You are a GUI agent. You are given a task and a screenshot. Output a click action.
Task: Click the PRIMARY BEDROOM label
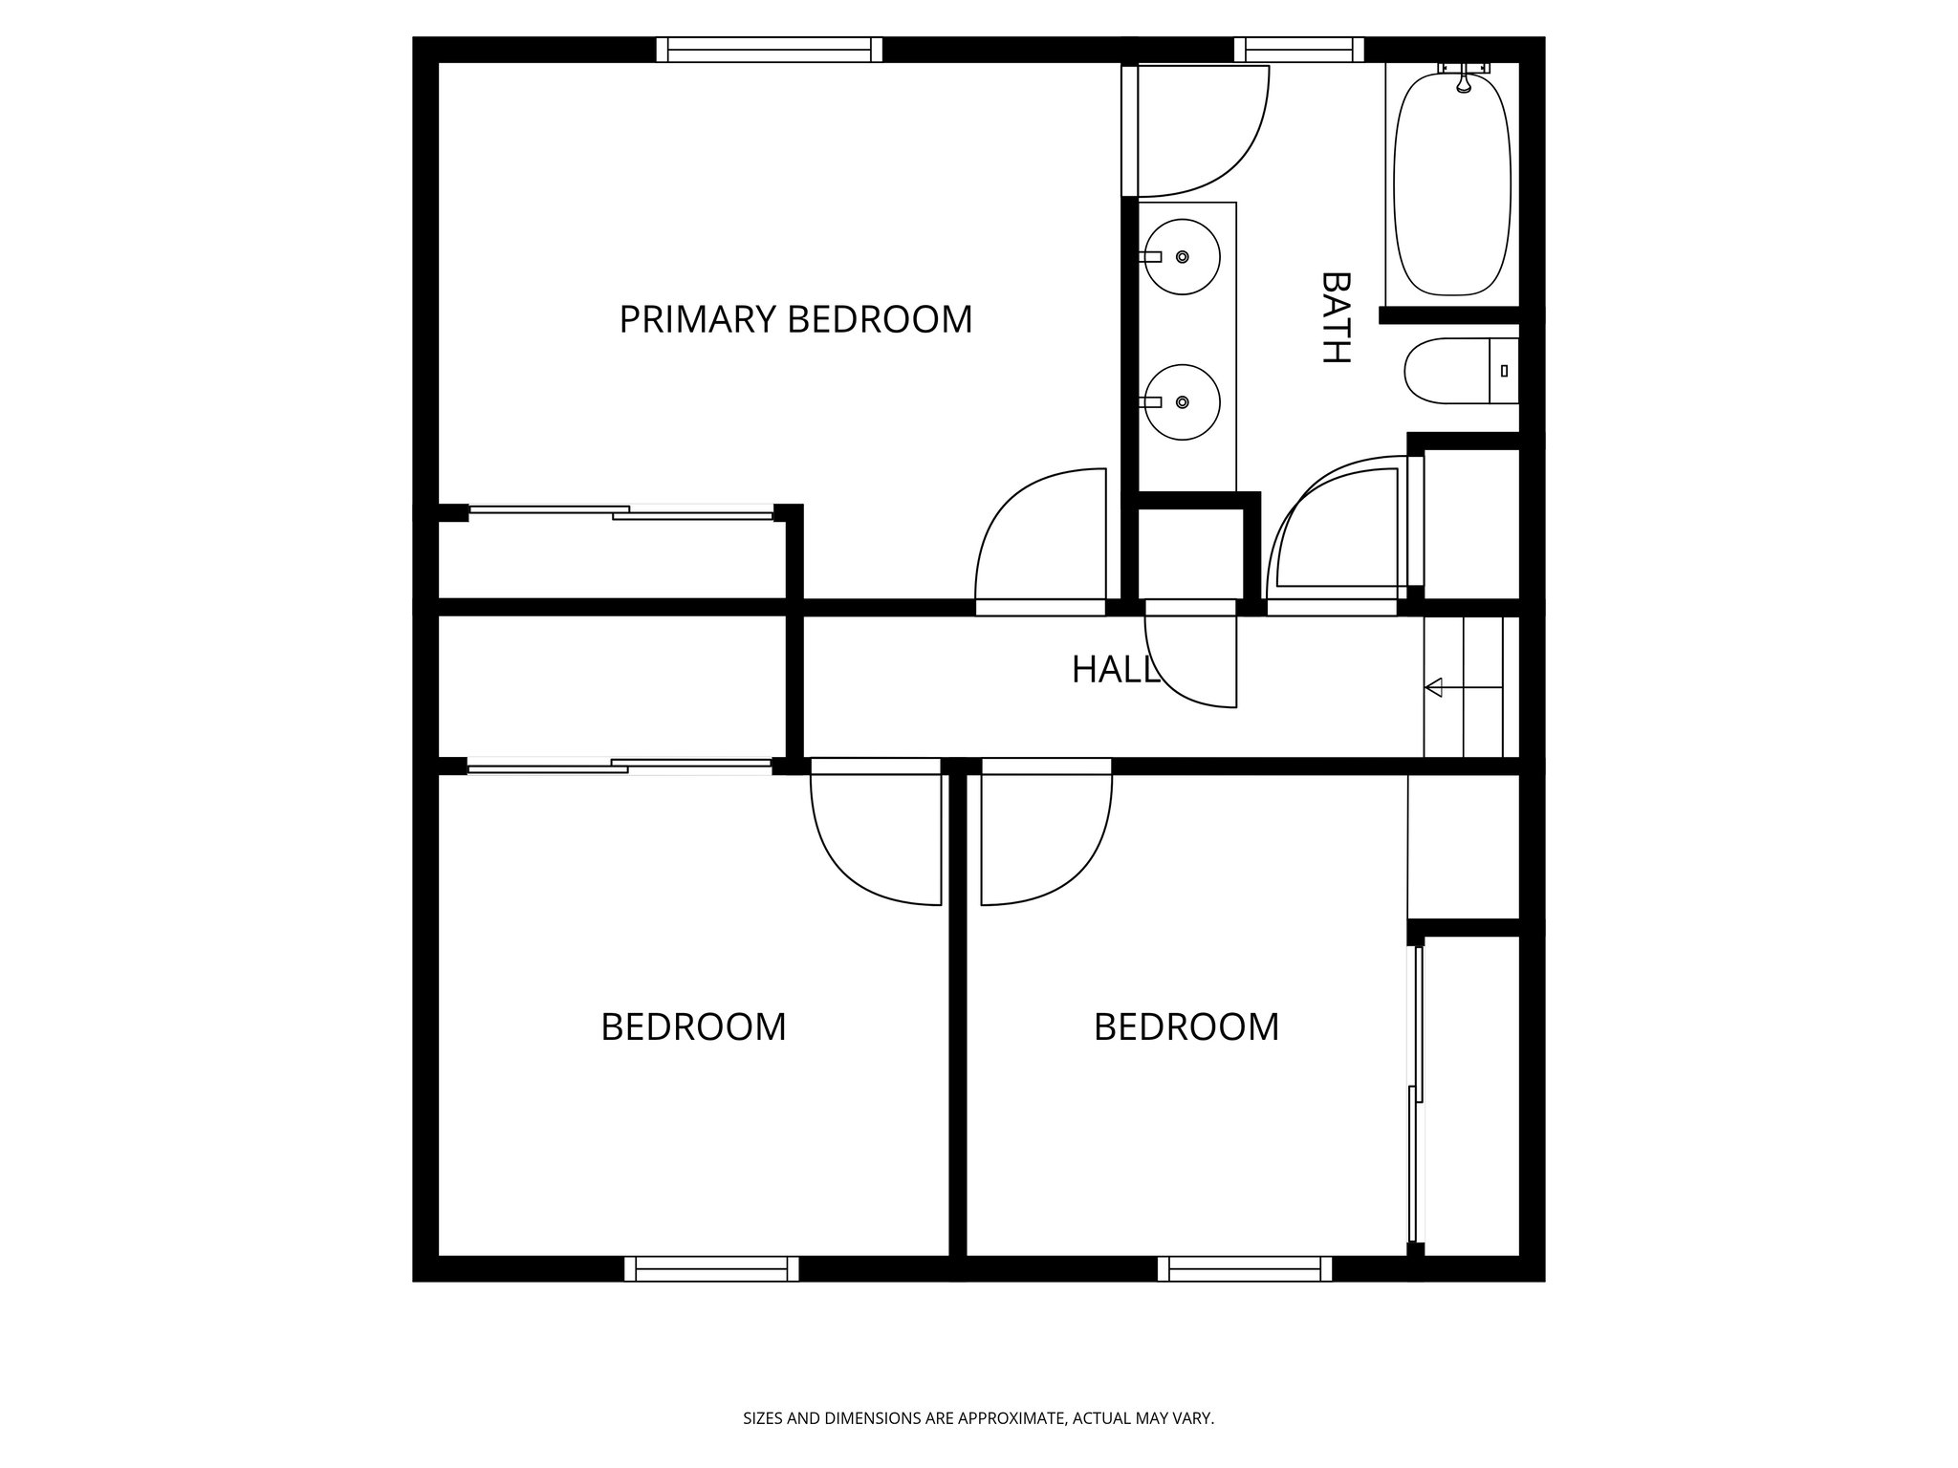pyautogui.click(x=795, y=319)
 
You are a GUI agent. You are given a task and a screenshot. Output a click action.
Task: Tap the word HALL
pyautogui.click(x=1115, y=670)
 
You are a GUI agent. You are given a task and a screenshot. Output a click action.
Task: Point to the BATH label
pyautogui.click(x=1335, y=317)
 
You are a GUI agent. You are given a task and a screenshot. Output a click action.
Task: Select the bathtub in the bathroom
pyautogui.click(x=1451, y=183)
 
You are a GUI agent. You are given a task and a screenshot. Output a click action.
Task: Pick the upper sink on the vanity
pyautogui.click(x=1183, y=257)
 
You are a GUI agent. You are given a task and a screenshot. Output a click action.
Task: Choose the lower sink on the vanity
pyautogui.click(x=1183, y=402)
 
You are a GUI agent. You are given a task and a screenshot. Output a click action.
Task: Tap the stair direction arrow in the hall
pyautogui.click(x=1463, y=687)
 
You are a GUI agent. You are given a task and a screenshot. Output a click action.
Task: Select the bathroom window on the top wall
pyautogui.click(x=1299, y=50)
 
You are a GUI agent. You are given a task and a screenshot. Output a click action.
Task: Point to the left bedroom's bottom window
pyautogui.click(x=711, y=1268)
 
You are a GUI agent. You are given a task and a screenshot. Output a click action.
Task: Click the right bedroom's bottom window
pyautogui.click(x=1245, y=1268)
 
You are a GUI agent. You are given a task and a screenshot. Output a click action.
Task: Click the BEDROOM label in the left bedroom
pyautogui.click(x=693, y=1027)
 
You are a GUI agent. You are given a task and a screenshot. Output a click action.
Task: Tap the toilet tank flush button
pyautogui.click(x=1505, y=371)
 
